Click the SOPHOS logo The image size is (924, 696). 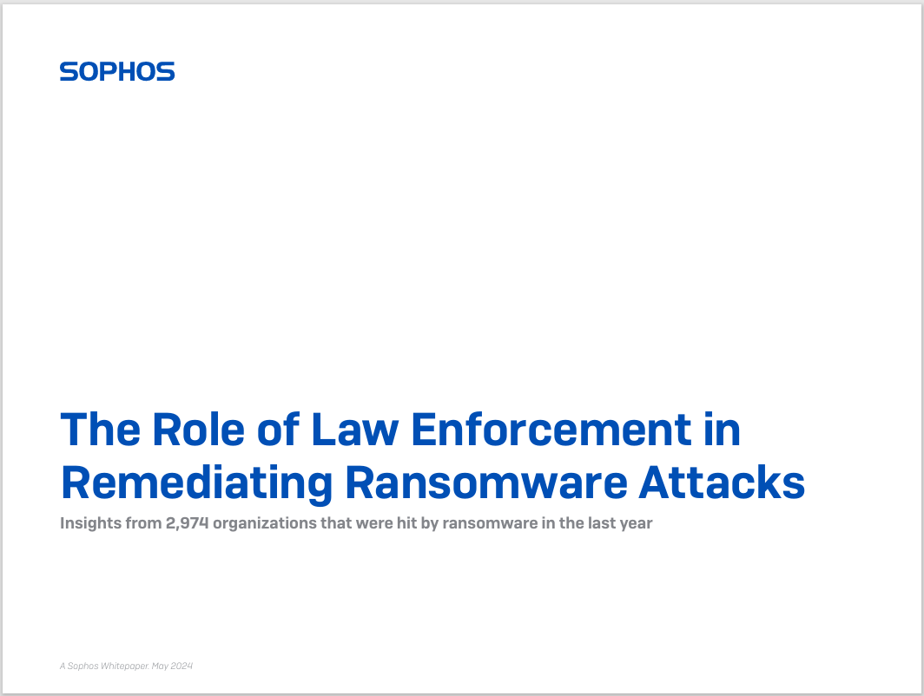click(x=117, y=71)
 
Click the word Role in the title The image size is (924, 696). click(x=198, y=430)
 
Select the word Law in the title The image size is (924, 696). click(x=354, y=430)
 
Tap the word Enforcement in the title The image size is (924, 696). click(x=551, y=430)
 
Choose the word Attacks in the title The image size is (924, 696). click(x=722, y=483)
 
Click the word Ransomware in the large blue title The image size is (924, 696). click(x=486, y=483)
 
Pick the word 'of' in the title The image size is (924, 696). click(x=278, y=430)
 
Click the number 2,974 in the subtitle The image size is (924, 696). click(x=188, y=523)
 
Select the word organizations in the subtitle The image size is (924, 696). click(x=265, y=523)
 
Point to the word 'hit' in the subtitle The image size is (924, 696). click(x=406, y=523)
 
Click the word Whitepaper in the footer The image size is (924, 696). click(x=125, y=666)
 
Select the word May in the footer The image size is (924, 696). click(x=161, y=666)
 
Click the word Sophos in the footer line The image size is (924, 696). click(x=82, y=666)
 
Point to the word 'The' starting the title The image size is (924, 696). click(x=101, y=430)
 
